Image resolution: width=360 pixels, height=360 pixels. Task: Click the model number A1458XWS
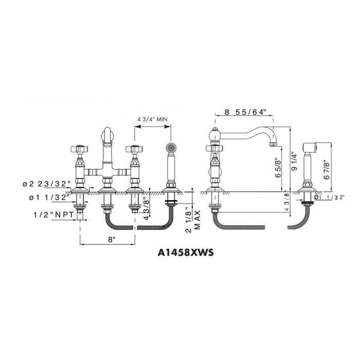pyautogui.click(x=186, y=253)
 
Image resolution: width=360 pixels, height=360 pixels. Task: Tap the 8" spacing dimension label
pyautogui.click(x=112, y=240)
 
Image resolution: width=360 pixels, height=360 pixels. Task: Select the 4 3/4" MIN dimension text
pyautogui.click(x=152, y=119)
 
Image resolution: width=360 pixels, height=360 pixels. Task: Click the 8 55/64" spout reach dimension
pyautogui.click(x=245, y=112)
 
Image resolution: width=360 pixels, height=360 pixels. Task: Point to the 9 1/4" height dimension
pyautogui.click(x=295, y=162)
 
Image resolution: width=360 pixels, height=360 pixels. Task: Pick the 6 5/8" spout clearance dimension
pyautogui.click(x=278, y=168)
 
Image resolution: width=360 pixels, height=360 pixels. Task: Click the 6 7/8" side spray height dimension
pyautogui.click(x=327, y=170)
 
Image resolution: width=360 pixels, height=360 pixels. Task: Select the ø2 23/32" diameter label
pyautogui.click(x=46, y=184)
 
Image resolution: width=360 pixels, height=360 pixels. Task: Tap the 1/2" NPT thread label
pyautogui.click(x=53, y=215)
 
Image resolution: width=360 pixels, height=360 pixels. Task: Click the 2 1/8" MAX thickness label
pyautogui.click(x=194, y=220)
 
